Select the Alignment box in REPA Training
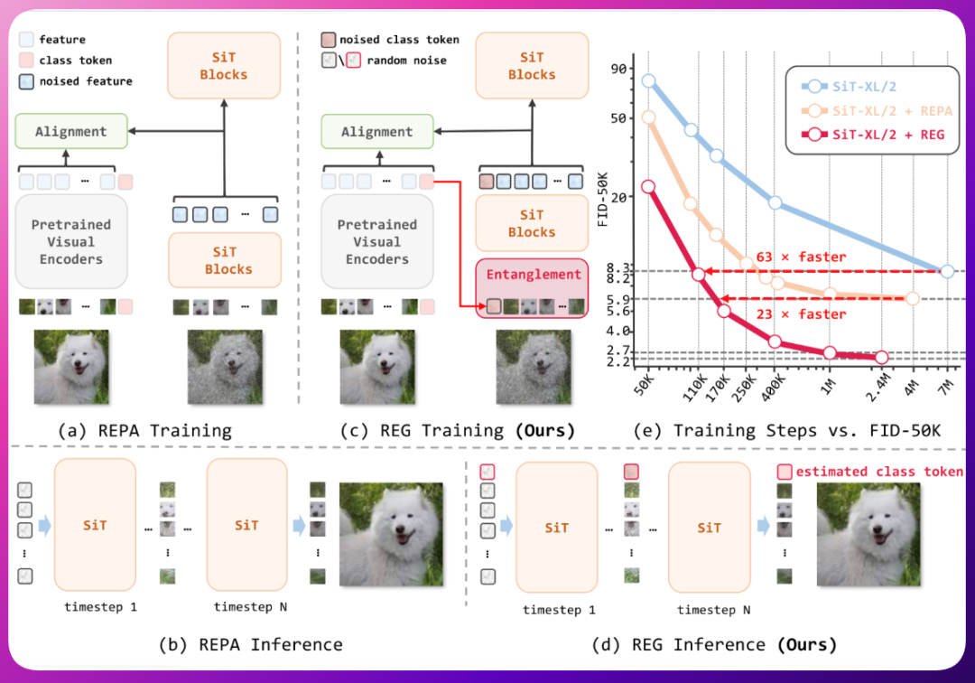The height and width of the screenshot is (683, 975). pos(70,132)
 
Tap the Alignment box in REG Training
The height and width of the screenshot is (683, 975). pos(376,132)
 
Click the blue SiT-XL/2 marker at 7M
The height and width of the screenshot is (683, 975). pos(946,271)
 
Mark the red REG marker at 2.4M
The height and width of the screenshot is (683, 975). pos(882,358)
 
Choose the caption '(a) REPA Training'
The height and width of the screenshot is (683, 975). pos(144,431)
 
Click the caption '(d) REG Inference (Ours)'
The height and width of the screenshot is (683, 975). pos(713,644)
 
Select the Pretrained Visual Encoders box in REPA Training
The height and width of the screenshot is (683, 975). pos(70,242)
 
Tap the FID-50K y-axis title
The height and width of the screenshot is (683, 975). pos(603,195)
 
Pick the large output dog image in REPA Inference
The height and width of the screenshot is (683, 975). pos(391,533)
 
